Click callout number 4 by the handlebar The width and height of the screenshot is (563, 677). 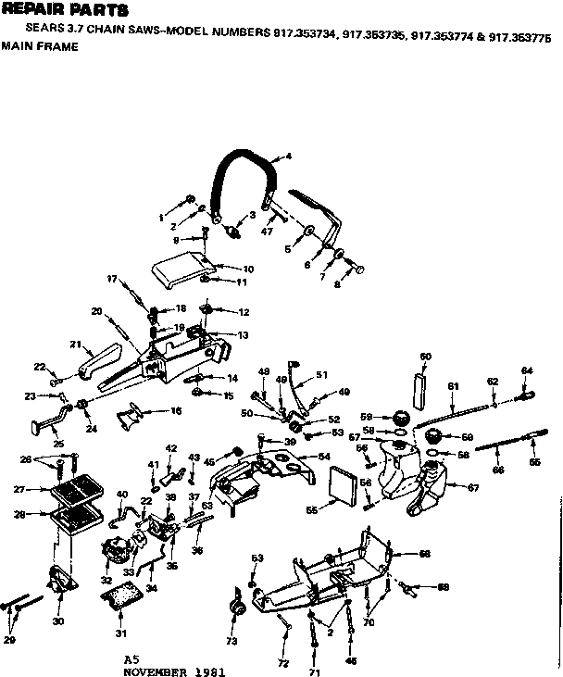289,157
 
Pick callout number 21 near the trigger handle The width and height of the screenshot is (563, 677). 75,345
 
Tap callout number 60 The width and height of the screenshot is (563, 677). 425,356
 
